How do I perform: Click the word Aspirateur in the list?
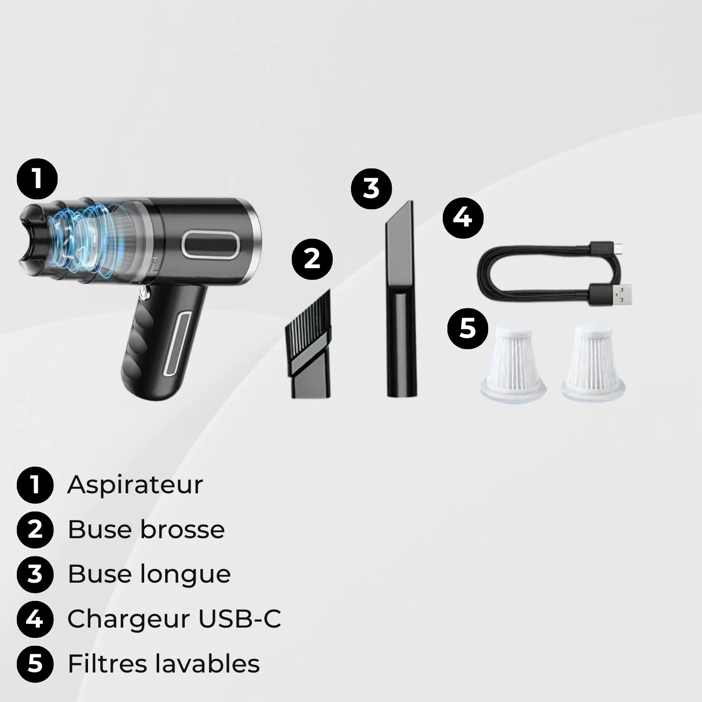135,485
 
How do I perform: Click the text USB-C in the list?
240,619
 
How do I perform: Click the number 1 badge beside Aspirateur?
35,485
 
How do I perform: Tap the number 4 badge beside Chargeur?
35,619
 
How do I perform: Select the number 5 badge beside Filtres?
35,664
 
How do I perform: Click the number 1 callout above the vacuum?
37,179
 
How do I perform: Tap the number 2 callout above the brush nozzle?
312,259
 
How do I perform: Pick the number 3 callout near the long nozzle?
372,188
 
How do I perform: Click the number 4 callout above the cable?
463,218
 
